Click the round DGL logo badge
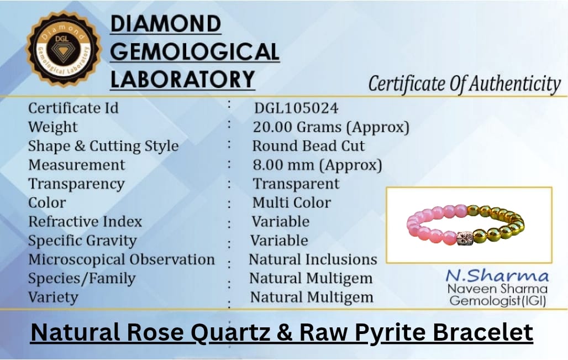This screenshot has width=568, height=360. click(x=63, y=49)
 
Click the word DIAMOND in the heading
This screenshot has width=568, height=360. click(x=166, y=24)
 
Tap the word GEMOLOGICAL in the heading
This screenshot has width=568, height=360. click(x=194, y=52)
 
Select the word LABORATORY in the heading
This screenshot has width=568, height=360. click(x=182, y=80)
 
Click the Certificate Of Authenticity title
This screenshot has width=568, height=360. click(x=464, y=84)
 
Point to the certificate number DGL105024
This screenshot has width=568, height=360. click(x=296, y=108)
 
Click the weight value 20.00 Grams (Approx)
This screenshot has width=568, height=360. click(x=331, y=127)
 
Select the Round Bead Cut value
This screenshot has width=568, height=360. click(x=308, y=146)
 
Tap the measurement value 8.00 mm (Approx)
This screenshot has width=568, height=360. click(x=317, y=165)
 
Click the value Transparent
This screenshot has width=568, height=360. click(x=296, y=184)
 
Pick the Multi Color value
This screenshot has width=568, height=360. click(x=292, y=202)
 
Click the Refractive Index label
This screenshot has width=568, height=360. click(x=85, y=222)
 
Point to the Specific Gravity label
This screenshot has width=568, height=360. click(x=82, y=241)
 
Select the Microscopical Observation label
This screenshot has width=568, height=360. click(x=122, y=259)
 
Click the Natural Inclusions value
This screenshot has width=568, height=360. click(x=313, y=259)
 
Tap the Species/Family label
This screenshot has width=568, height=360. click(x=82, y=279)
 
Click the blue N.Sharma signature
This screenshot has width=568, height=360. click(x=497, y=276)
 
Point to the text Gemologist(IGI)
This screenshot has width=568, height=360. click(x=498, y=301)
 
